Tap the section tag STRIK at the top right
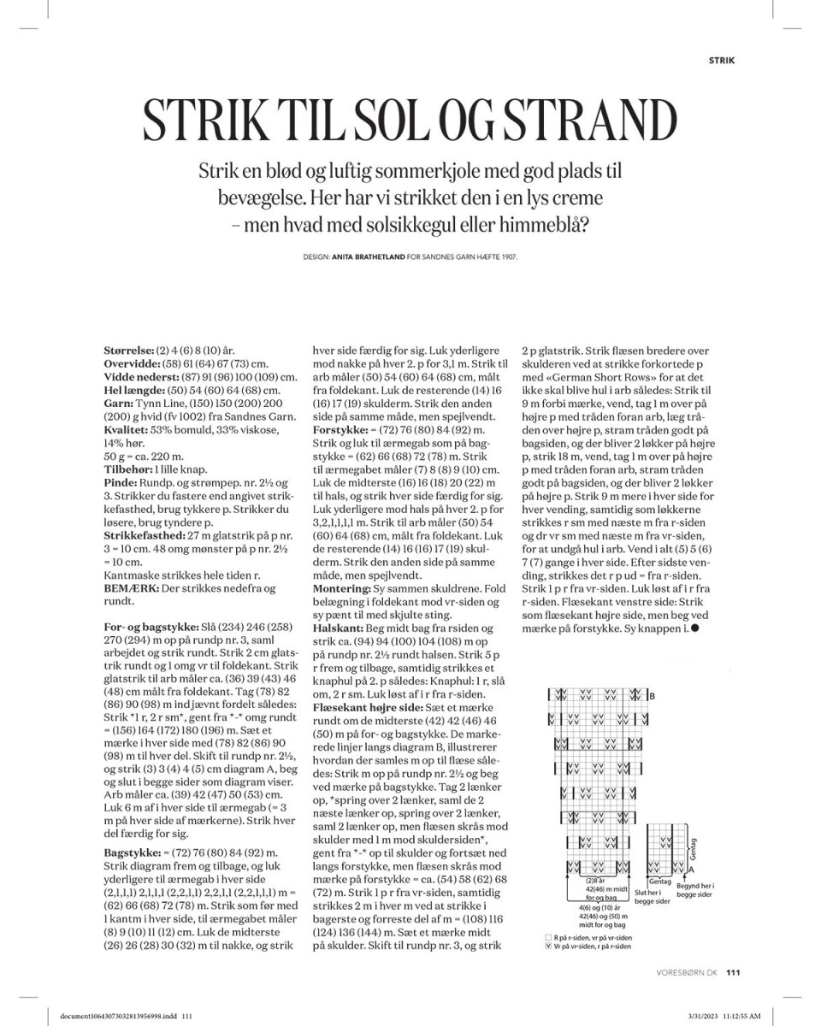723,60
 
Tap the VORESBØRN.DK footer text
688,970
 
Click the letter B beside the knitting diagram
653,696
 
